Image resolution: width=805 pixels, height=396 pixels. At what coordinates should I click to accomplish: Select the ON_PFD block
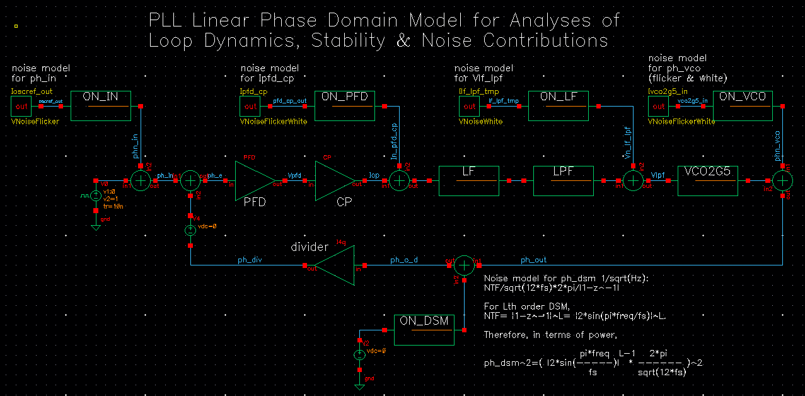pyautogui.click(x=344, y=106)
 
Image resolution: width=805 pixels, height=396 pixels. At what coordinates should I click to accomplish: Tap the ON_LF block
pyautogui.click(x=558, y=106)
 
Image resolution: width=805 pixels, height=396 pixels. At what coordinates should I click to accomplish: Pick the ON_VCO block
pyautogui.click(x=743, y=106)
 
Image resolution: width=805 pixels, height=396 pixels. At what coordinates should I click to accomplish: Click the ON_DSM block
pyautogui.click(x=424, y=330)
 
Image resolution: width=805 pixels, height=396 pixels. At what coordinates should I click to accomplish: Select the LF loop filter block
pyautogui.click(x=468, y=181)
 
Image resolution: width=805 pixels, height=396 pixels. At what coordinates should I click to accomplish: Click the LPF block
pyautogui.click(x=564, y=181)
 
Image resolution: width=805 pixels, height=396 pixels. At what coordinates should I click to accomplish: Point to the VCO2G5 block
pyautogui.click(x=707, y=181)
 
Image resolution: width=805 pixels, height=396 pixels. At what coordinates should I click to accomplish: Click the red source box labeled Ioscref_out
pyautogui.click(x=22, y=107)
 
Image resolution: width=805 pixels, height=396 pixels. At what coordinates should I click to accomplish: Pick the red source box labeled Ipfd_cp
pyautogui.click(x=251, y=107)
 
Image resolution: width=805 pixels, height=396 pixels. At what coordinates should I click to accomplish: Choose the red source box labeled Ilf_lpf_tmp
pyautogui.click(x=470, y=107)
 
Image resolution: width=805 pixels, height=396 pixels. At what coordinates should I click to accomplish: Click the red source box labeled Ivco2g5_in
pyautogui.click(x=659, y=107)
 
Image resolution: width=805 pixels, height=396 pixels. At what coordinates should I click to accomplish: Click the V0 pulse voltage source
pyautogui.click(x=96, y=195)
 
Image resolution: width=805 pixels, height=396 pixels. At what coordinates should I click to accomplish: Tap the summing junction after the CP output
pyautogui.click(x=398, y=181)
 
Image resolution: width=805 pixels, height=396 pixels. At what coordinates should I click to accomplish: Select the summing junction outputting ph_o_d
pyautogui.click(x=464, y=265)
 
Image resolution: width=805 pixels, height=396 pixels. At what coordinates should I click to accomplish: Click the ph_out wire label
pyautogui.click(x=533, y=259)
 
